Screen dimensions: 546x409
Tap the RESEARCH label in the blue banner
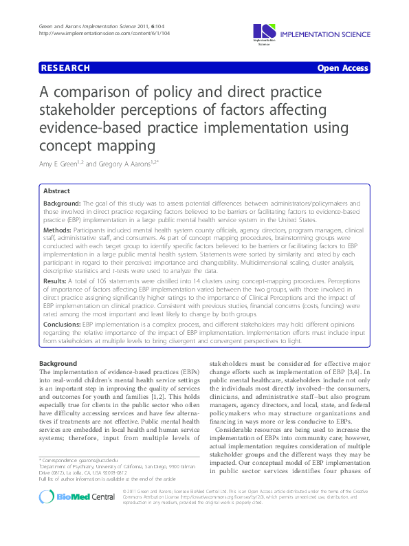[x=65, y=67]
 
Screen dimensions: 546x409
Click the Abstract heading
[x=56, y=191]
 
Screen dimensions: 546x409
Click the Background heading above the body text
[x=58, y=362]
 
